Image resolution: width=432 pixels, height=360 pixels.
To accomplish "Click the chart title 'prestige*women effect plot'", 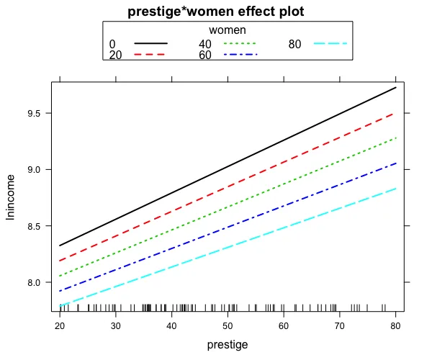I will click(x=216, y=12).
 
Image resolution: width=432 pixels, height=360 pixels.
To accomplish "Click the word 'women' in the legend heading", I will click(x=228, y=30).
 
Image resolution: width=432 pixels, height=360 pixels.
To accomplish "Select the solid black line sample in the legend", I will click(x=150, y=45).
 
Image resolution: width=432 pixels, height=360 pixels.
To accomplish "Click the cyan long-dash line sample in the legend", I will click(x=330, y=45).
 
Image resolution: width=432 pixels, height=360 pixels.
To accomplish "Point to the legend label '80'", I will click(x=294, y=45).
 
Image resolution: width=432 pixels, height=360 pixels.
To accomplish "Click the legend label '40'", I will click(x=205, y=45).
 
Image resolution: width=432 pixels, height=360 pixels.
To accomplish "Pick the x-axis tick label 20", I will click(x=59, y=326).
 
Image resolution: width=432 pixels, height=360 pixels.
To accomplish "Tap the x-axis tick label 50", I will click(x=228, y=326).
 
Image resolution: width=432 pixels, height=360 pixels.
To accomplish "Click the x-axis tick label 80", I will click(x=396, y=326).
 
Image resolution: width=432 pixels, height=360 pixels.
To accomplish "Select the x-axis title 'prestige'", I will click(x=228, y=345).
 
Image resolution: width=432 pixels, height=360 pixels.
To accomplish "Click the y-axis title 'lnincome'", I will click(x=12, y=196).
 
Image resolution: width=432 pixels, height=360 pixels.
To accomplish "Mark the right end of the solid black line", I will click(x=396, y=88).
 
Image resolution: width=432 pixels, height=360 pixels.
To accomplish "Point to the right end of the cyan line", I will click(x=396, y=189).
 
